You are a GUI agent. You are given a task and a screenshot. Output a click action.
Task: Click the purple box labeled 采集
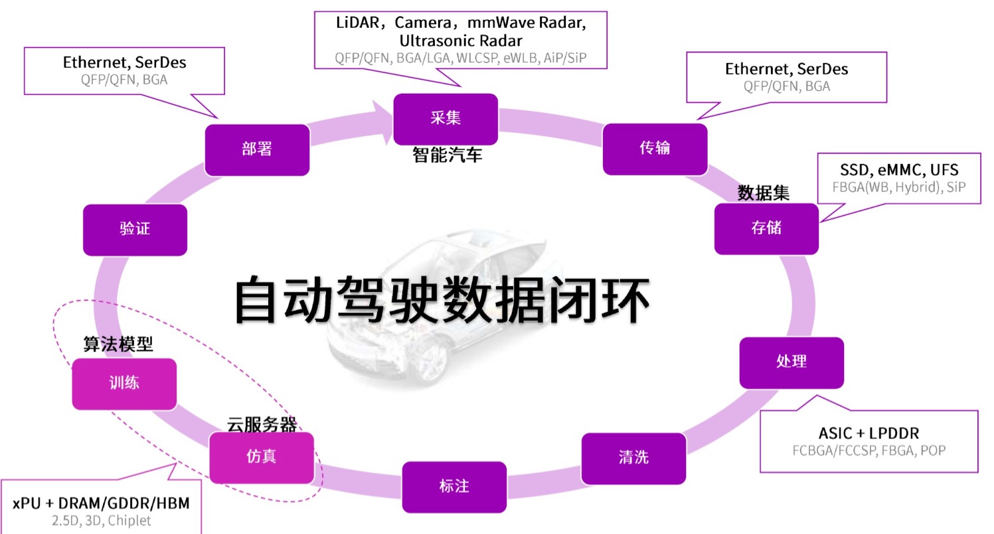click(446, 118)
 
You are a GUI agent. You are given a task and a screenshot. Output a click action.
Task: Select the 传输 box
click(654, 148)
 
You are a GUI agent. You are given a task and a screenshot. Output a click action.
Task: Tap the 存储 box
click(766, 228)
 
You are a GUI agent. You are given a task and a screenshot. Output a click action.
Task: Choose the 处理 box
click(791, 362)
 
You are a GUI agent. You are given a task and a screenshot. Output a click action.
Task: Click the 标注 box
click(454, 487)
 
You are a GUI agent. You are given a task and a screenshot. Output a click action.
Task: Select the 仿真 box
click(261, 457)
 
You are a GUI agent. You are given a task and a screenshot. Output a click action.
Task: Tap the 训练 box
click(124, 383)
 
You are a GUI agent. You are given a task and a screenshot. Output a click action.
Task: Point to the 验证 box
click(135, 229)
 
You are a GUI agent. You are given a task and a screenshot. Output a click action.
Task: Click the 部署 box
click(256, 149)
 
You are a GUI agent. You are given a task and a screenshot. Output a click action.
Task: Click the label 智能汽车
click(447, 155)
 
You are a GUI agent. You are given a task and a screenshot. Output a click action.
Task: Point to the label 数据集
click(764, 193)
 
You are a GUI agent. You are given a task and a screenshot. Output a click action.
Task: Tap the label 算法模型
click(118, 344)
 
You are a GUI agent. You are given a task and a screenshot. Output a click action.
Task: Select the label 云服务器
click(262, 424)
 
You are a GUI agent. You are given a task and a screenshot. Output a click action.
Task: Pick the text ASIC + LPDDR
click(869, 433)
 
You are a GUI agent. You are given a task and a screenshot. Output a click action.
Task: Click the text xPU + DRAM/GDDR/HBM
click(101, 503)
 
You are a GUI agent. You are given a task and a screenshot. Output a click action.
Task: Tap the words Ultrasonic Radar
click(460, 40)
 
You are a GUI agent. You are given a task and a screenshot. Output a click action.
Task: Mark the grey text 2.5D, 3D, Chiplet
click(101, 521)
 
